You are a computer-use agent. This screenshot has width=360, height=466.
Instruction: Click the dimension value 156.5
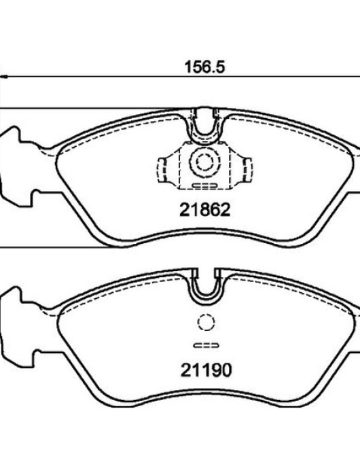pos(205,67)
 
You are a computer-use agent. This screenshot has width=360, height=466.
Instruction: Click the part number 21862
pos(205,210)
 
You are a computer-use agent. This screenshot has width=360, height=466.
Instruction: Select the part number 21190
pos(206,370)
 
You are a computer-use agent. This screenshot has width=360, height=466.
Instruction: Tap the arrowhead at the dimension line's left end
pos(3,77)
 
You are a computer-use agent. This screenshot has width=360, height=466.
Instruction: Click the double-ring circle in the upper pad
pos(205,162)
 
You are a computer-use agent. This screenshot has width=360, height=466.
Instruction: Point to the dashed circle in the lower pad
pos(206,323)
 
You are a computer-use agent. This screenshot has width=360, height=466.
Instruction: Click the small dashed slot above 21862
pos(204,185)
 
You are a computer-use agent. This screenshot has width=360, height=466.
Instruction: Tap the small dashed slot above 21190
pos(206,345)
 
